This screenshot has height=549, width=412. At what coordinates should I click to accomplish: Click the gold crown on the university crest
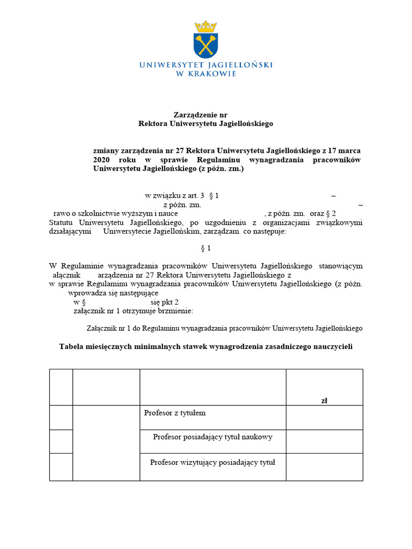205,26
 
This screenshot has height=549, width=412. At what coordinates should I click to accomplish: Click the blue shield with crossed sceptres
205,45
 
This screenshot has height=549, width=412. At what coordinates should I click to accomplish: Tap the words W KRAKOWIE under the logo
206,74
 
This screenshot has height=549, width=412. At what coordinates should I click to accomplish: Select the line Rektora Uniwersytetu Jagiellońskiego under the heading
206,123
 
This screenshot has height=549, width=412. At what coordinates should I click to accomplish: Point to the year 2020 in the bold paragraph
101,160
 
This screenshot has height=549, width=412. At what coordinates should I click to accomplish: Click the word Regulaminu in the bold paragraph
217,160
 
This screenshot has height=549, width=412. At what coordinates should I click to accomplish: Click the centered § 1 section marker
205,248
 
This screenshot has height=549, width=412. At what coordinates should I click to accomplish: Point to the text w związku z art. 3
175,196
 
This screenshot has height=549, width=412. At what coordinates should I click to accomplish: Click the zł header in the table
324,400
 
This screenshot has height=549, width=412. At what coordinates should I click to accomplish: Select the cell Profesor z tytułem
175,413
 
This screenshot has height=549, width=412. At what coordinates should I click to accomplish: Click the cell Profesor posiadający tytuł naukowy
212,437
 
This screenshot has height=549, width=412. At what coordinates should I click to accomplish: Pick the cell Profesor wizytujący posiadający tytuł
212,462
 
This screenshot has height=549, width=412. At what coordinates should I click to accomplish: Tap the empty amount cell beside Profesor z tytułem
324,417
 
